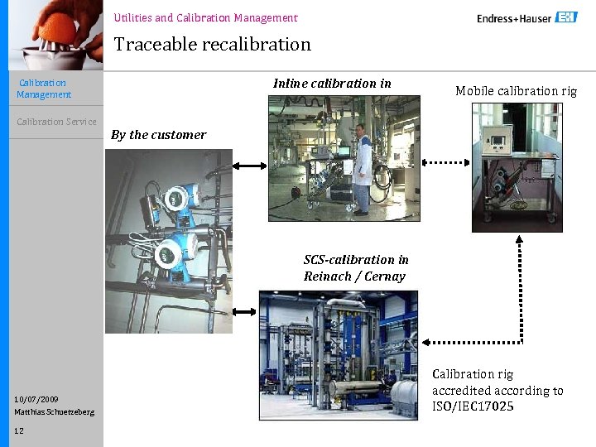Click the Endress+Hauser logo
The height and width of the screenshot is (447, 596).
click(526, 17)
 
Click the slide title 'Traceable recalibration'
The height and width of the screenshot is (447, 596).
click(212, 44)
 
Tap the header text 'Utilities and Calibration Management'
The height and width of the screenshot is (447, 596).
click(205, 17)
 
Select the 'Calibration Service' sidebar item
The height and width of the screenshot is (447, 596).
click(56, 122)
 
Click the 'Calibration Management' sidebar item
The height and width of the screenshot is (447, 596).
click(44, 89)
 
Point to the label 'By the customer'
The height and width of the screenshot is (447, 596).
click(158, 135)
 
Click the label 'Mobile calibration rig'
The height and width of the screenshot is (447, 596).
click(516, 91)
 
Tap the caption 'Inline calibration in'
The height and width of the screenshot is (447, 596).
click(332, 83)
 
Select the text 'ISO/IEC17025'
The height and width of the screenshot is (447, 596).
click(473, 406)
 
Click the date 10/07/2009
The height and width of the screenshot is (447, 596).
click(36, 399)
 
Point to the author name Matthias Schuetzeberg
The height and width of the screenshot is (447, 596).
click(54, 411)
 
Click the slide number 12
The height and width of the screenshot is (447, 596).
click(19, 430)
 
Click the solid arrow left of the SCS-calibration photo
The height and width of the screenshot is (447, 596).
click(245, 312)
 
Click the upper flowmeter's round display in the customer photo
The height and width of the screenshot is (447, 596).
click(175, 199)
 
